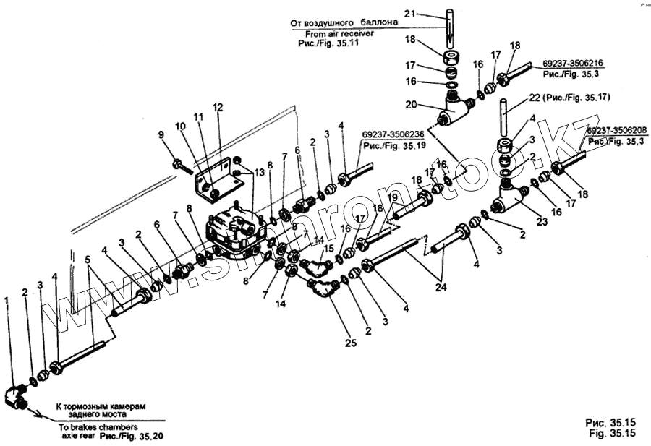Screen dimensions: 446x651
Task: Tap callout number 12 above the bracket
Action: click(218, 107)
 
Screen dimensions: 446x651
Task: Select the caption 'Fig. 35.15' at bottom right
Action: click(612, 434)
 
